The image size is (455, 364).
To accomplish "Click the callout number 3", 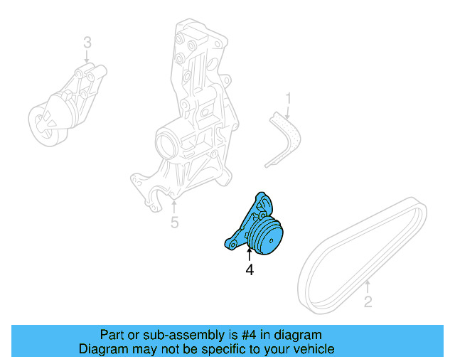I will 87,43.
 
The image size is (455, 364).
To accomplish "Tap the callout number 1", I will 289,97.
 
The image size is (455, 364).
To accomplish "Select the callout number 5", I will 174,223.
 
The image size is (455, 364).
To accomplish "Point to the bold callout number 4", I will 250,269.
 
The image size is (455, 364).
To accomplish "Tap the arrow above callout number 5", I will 174,207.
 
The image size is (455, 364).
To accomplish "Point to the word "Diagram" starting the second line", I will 102,349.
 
